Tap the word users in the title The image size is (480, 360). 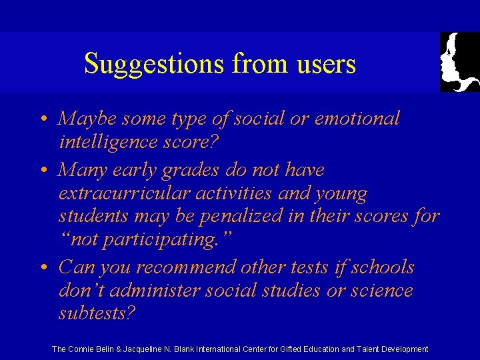click(325, 64)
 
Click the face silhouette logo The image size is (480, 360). click(460, 62)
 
